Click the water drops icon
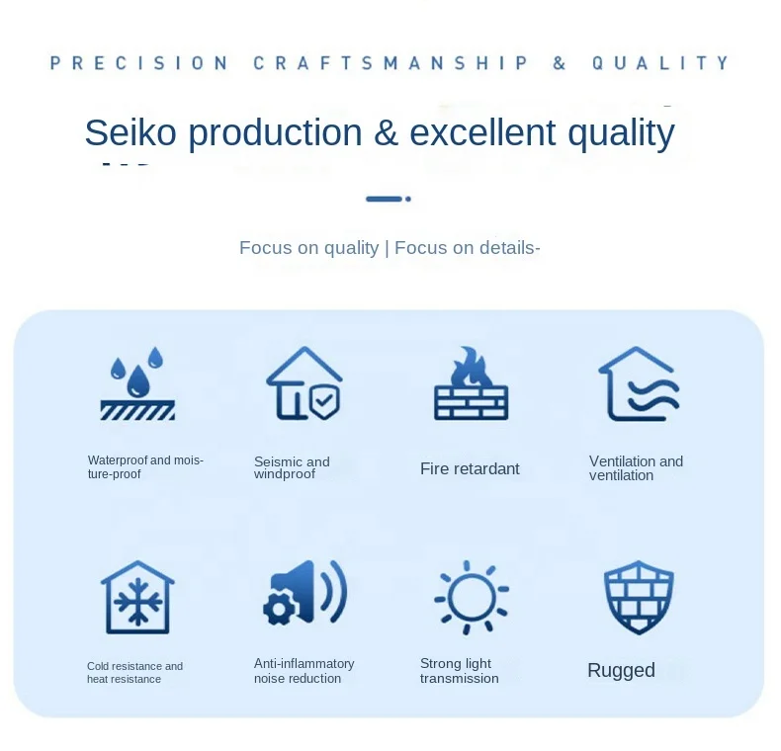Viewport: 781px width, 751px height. [137, 383]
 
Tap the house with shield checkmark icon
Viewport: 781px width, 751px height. [304, 383]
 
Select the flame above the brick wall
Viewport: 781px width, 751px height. [471, 366]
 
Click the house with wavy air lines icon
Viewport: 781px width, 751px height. [639, 383]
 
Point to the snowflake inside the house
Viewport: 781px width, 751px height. [138, 602]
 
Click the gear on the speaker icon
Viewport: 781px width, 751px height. [279, 608]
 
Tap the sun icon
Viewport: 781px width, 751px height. [472, 597]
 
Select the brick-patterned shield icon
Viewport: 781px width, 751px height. [639, 597]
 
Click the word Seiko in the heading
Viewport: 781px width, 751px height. [130, 132]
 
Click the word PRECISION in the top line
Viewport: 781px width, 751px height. [139, 63]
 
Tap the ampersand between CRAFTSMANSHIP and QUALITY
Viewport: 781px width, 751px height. [560, 63]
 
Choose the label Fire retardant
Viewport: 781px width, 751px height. [470, 468]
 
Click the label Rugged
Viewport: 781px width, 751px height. [621, 671]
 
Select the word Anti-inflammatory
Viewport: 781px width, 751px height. [304, 664]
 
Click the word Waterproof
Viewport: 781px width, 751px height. [118, 460]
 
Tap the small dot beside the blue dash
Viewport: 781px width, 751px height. [408, 200]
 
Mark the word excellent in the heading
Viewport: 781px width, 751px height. [482, 132]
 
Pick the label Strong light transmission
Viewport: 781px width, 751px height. [460, 671]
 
